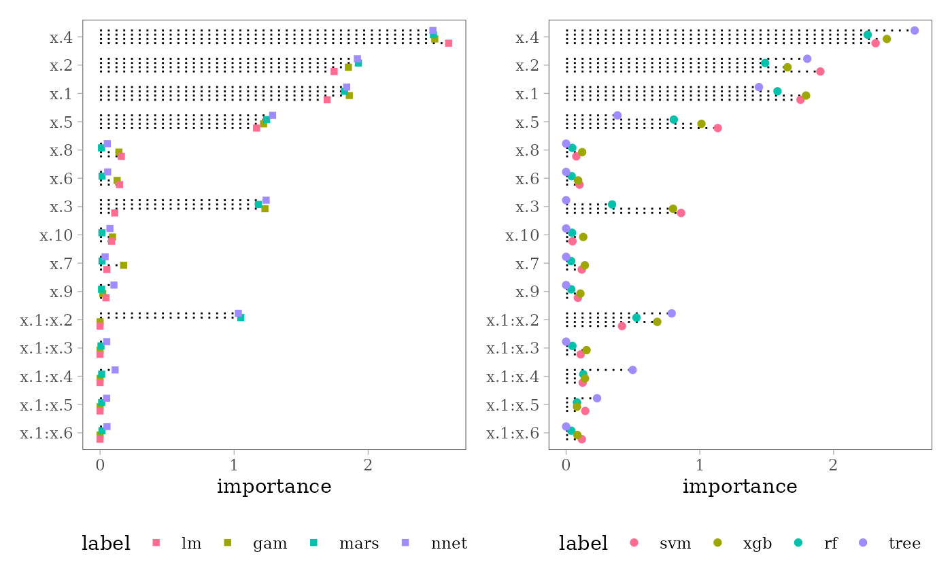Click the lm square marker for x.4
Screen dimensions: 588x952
click(448, 44)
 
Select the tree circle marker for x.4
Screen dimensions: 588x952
click(915, 31)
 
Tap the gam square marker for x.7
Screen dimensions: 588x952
click(124, 265)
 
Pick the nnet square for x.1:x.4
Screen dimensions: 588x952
click(115, 370)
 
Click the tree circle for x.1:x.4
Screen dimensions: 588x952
click(632, 370)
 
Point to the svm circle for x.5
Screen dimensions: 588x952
click(717, 128)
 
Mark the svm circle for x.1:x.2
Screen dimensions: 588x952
click(622, 326)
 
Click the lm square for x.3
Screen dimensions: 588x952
click(114, 213)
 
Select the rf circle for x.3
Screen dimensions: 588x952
click(612, 205)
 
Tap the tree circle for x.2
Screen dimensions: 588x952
click(807, 59)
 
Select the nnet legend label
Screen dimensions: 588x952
click(449, 543)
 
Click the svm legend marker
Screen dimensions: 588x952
click(634, 542)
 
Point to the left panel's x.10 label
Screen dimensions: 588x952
click(54, 235)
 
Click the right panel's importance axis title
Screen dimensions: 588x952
click(739, 487)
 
